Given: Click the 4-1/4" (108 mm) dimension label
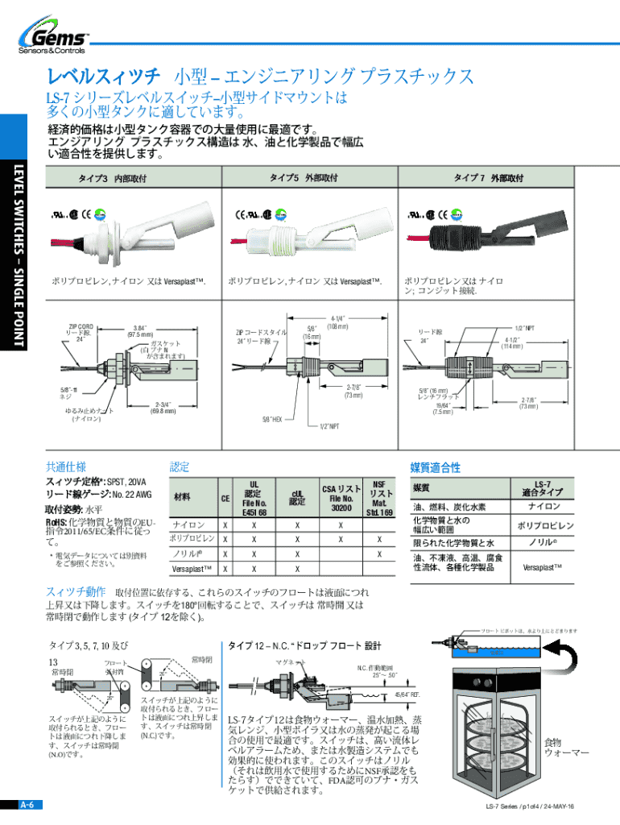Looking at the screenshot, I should pyautogui.click(x=337, y=323).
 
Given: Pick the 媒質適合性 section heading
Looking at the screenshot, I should pyautogui.click(x=435, y=467).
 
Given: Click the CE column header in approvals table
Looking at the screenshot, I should pyautogui.click(x=225, y=499).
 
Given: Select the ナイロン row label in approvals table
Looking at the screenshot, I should pyautogui.click(x=187, y=524).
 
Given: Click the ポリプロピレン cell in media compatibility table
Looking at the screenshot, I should pyautogui.click(x=544, y=525).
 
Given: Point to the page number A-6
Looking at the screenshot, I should pyautogui.click(x=27, y=805).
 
